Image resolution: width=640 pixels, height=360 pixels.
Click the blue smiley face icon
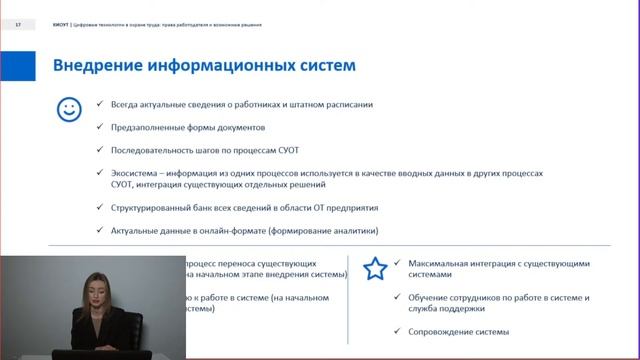tap(68, 109)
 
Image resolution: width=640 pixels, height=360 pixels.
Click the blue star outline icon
tap(375, 268)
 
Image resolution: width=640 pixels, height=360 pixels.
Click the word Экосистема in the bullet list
tap(136, 173)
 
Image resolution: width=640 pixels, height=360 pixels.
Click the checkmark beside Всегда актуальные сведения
tap(99, 104)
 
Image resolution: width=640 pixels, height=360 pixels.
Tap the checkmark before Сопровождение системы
tap(398, 331)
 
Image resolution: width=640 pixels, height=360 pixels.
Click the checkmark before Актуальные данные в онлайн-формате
tap(99, 230)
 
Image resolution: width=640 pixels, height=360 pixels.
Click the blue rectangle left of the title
tap(17, 66)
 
